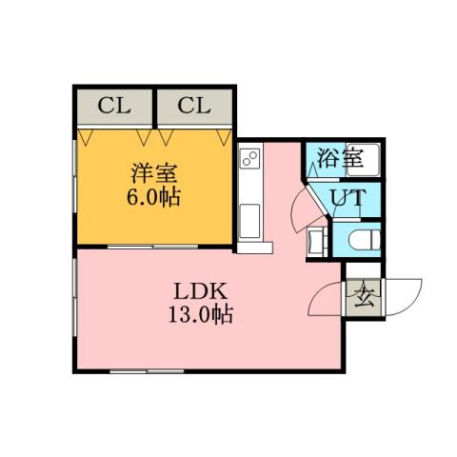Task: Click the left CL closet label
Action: (x=113, y=105)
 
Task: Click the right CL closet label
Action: (x=193, y=105)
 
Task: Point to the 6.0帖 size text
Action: (x=155, y=199)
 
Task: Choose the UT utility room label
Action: (x=347, y=198)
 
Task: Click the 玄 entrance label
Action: (x=363, y=300)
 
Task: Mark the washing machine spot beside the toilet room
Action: (x=317, y=242)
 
